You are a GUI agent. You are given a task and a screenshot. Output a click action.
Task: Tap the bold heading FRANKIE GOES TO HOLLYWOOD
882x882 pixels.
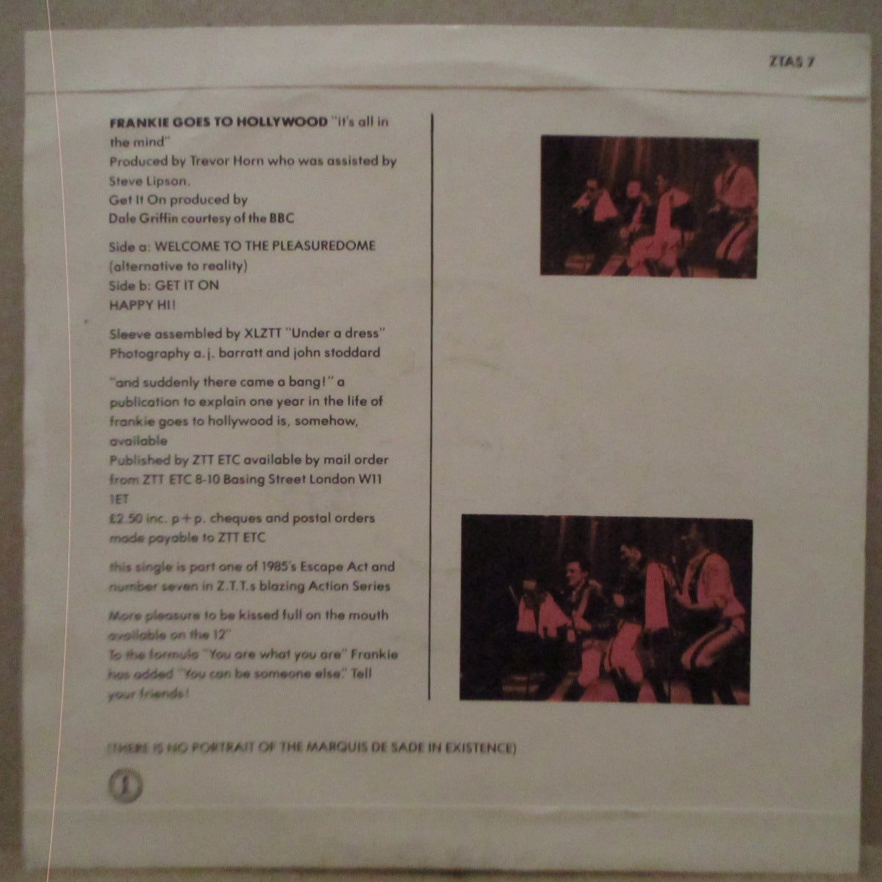218,122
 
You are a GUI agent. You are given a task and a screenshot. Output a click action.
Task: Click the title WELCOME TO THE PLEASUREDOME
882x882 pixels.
265,245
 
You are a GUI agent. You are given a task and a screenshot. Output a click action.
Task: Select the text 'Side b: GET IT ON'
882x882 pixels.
164,284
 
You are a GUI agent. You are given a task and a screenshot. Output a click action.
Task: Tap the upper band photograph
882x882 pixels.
648,206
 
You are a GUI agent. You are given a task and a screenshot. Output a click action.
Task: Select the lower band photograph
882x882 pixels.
606,608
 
